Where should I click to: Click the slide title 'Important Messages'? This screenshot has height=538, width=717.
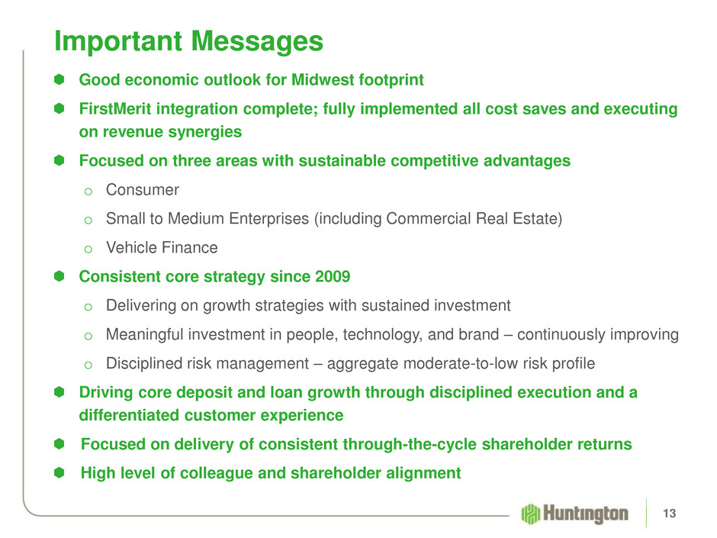tap(189, 42)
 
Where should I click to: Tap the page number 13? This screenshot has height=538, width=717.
tap(669, 514)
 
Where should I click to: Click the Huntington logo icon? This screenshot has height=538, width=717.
tap(530, 514)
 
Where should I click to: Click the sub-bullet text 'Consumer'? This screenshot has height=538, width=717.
tap(142, 190)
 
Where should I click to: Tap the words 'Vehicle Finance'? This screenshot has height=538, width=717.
tap(162, 247)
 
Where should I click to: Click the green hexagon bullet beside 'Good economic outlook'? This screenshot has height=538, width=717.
tap(59, 79)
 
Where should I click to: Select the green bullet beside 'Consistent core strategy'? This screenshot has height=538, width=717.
tap(59, 276)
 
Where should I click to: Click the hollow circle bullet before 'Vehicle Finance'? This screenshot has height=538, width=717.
tap(88, 250)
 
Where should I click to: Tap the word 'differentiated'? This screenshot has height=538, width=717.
tap(130, 415)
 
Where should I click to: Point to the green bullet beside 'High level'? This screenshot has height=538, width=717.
tap(59, 472)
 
